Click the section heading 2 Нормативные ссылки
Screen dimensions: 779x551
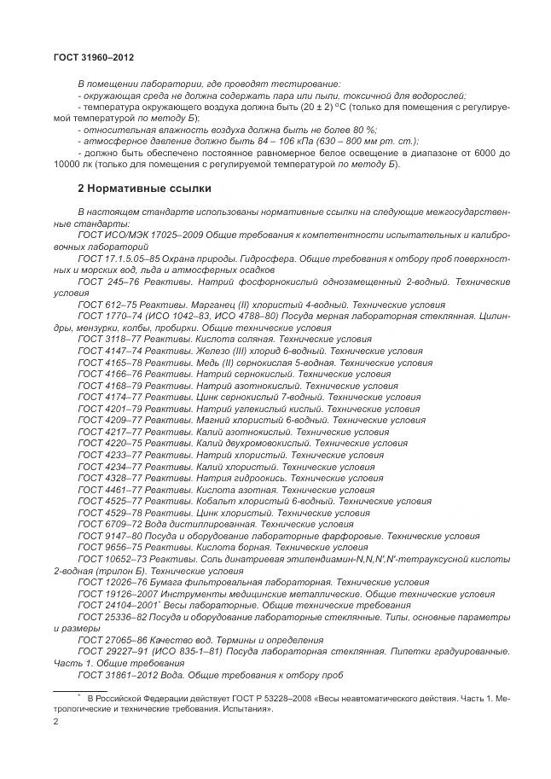click(x=144, y=189)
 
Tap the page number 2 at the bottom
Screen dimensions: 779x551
click(x=55, y=722)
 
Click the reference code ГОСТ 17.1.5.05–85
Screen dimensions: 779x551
click(x=119, y=258)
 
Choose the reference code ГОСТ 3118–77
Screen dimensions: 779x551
click(x=108, y=339)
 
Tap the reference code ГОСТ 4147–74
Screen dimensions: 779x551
click(x=108, y=351)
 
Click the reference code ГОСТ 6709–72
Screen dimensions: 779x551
click(x=108, y=524)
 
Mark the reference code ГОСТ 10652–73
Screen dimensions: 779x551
click(x=112, y=559)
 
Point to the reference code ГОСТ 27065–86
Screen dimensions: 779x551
click(x=112, y=639)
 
